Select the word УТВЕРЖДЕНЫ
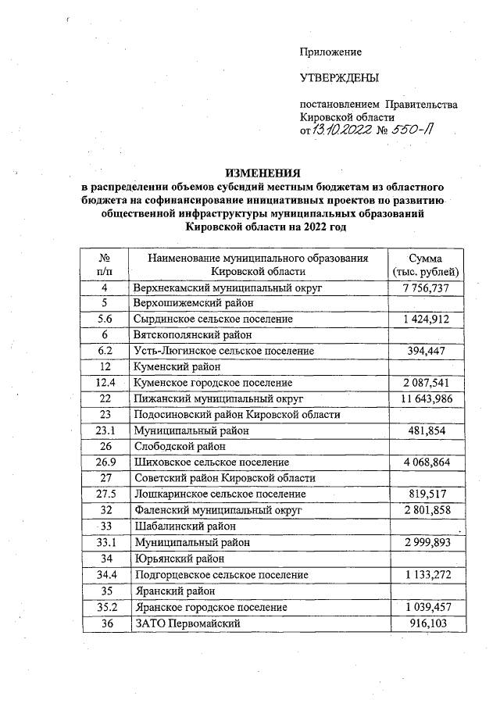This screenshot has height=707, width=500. tap(339, 78)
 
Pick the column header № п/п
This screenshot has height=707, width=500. tap(104, 264)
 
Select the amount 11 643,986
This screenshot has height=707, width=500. tap(425, 399)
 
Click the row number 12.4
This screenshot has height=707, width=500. tap(104, 383)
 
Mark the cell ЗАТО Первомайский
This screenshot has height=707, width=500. tap(185, 622)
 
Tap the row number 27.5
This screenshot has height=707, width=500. tap(104, 495)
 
